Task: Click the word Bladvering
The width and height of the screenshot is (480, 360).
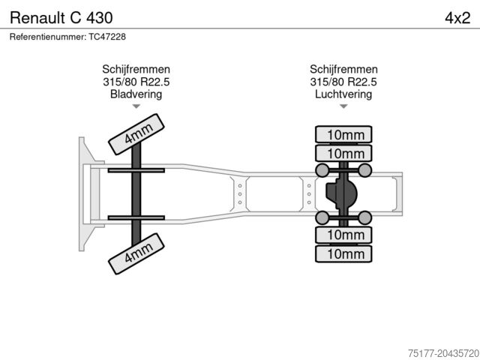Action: click(136, 94)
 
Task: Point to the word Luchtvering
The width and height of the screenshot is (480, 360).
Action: click(343, 94)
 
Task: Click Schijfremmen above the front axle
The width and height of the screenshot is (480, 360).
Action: click(136, 70)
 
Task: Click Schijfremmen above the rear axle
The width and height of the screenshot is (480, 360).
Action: click(343, 70)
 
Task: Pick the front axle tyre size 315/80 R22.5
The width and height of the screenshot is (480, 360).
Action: click(136, 82)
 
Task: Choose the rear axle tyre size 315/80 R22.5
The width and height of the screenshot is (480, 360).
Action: click(343, 82)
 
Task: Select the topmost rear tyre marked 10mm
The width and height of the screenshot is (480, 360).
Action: click(343, 135)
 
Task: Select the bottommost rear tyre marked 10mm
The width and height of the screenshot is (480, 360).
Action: click(343, 254)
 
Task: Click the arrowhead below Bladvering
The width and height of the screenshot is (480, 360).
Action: click(136, 107)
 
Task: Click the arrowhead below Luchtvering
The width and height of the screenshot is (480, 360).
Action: click(343, 107)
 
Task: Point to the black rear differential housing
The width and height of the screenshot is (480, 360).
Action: click(341, 193)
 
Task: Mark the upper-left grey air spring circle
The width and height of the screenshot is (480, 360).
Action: click(322, 170)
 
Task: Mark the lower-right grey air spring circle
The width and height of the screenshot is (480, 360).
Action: click(364, 218)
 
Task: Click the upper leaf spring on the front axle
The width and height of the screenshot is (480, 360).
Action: click(136, 171)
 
